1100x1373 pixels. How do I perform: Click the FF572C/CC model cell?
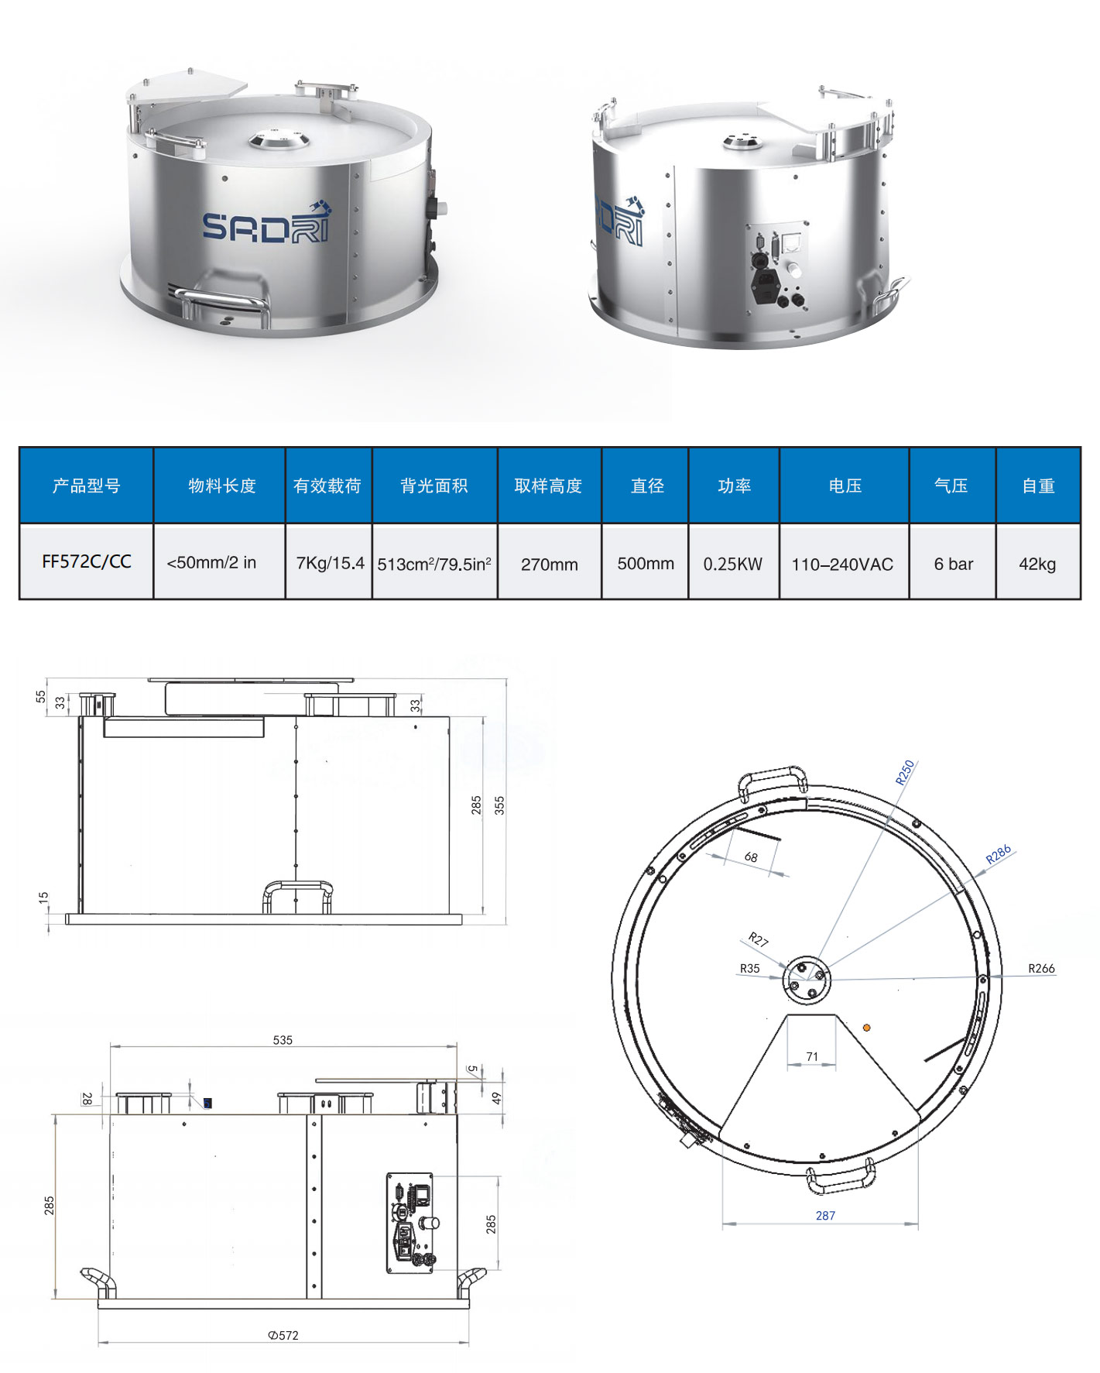(x=86, y=562)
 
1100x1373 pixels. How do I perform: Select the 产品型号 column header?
(x=86, y=486)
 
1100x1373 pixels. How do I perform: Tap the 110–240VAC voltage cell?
(x=842, y=565)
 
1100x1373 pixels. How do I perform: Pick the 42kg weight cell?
(x=1037, y=564)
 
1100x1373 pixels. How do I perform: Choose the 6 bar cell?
(x=953, y=564)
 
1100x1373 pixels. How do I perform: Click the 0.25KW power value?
(x=732, y=564)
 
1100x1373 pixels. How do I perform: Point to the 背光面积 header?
(x=433, y=486)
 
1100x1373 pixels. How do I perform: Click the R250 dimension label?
(x=905, y=772)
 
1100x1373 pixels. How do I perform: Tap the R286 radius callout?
(x=998, y=854)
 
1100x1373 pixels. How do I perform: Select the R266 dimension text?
(x=1041, y=968)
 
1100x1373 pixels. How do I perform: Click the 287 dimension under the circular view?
(x=825, y=1215)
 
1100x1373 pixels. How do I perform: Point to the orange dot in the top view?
(x=866, y=1028)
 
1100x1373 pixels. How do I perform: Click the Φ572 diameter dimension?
(x=283, y=1335)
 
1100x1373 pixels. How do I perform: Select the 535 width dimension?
(x=283, y=1040)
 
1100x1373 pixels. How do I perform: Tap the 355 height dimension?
(x=499, y=805)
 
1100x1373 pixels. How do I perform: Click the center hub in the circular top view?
(x=806, y=980)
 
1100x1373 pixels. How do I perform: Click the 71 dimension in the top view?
(x=811, y=1056)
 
